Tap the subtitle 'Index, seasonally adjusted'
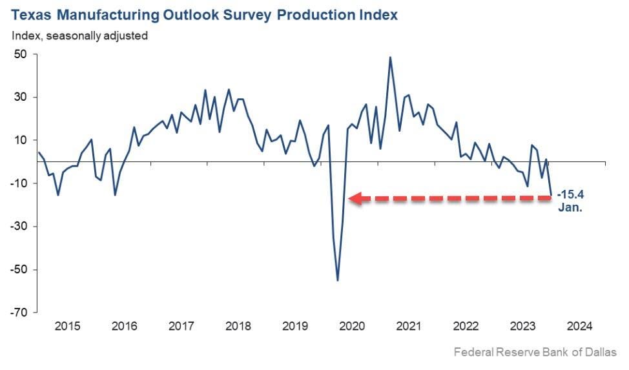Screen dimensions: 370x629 coord(79,36)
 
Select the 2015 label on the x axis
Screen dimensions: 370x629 coord(67,326)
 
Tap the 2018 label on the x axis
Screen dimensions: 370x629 coord(238,326)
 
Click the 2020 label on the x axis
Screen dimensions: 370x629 coord(351,326)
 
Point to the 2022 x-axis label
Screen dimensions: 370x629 coord(465,326)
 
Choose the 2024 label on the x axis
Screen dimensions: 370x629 coord(578,326)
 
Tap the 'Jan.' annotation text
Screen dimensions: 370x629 coord(571,207)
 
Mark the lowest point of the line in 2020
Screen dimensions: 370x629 coord(338,280)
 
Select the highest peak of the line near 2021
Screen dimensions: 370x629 coord(390,57)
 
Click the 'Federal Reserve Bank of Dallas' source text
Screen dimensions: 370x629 coord(535,353)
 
